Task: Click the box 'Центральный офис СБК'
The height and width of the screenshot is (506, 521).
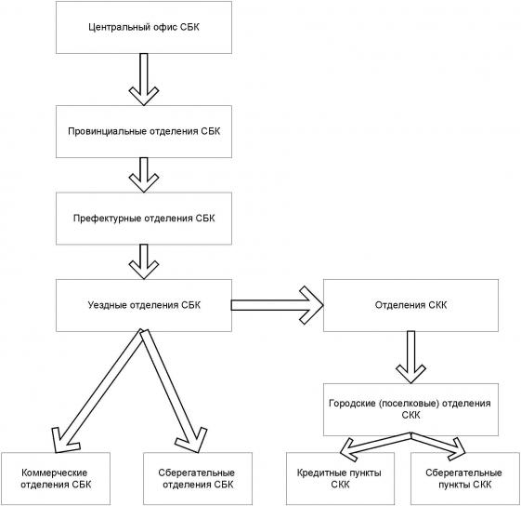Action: pos(144,27)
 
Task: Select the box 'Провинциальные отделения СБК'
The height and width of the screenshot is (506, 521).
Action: pos(144,131)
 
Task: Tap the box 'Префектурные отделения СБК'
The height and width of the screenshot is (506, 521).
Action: pos(144,219)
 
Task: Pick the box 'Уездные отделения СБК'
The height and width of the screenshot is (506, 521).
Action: pos(144,305)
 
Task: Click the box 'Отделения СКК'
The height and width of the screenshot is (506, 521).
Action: pos(410,305)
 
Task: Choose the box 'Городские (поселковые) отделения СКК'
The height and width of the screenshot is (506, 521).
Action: pos(410,409)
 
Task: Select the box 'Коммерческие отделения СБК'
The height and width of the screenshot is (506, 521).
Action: pos(56,478)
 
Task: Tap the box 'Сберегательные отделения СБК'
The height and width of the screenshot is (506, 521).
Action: pos(198,478)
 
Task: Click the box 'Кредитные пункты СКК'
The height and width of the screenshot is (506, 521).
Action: pos(340,478)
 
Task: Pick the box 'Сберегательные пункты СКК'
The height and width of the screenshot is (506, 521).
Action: pos(465,478)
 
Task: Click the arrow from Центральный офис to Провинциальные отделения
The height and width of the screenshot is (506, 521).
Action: pos(144,80)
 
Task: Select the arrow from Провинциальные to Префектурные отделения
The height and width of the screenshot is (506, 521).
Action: pos(144,175)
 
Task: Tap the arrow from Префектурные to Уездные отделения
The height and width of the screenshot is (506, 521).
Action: pos(144,262)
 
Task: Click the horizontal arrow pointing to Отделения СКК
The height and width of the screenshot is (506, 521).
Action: pos(277,305)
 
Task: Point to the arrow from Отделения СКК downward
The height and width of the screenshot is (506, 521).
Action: pos(410,357)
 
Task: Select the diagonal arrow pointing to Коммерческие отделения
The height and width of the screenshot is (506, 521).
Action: pos(99,392)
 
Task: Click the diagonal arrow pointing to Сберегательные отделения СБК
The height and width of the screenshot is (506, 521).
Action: pos(174,392)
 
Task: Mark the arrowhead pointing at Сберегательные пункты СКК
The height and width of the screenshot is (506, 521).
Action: pos(458,448)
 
